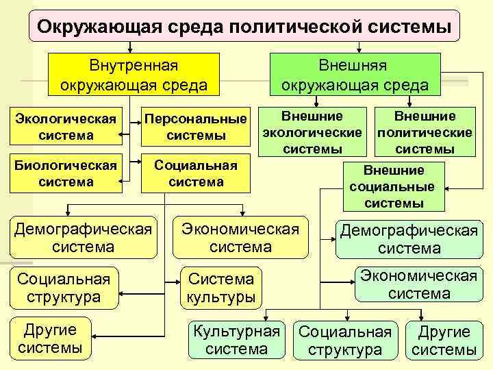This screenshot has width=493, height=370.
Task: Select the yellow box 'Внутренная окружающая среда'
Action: (134, 75)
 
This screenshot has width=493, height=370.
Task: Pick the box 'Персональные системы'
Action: (196, 126)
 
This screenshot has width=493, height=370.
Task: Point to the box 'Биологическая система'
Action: (65, 173)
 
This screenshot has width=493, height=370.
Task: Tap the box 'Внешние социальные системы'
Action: (394, 186)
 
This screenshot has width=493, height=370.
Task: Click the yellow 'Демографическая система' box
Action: (83, 237)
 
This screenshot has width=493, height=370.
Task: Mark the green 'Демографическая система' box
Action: (409, 240)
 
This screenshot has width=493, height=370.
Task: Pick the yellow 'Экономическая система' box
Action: (240, 237)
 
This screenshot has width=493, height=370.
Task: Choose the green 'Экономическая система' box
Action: (419, 284)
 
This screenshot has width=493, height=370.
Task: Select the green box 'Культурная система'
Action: (237, 340)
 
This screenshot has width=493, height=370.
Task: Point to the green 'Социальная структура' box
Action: (345, 340)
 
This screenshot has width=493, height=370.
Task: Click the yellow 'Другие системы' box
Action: (49, 337)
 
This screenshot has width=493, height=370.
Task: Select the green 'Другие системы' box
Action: (444, 340)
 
